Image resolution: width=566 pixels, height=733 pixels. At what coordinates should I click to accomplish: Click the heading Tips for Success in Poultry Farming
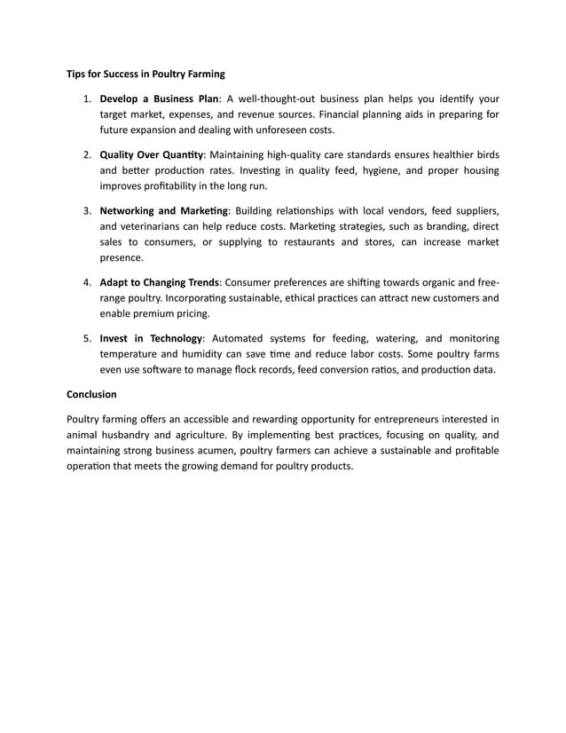coord(146,74)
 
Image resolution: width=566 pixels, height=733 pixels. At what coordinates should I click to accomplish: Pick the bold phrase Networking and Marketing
coord(164,210)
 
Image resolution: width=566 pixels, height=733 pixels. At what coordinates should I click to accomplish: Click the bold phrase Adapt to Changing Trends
coord(159,282)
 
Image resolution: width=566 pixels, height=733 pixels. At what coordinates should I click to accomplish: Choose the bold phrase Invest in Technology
coord(152,338)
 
